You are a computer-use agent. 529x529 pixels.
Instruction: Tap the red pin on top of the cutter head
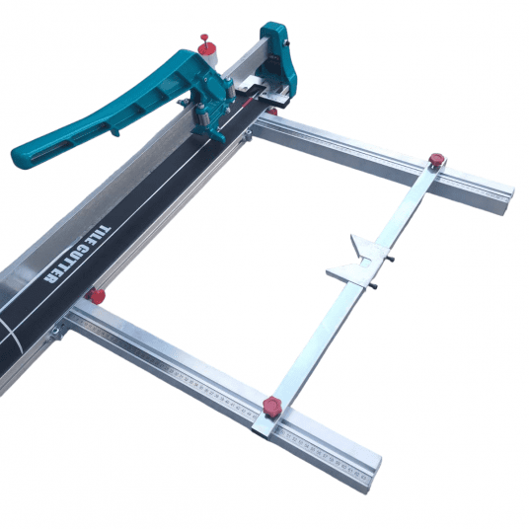pyautogui.click(x=204, y=40)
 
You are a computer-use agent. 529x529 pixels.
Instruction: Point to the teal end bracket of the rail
pyautogui.click(x=277, y=54)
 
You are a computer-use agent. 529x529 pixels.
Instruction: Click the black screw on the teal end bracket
pyautogui.click(x=287, y=42)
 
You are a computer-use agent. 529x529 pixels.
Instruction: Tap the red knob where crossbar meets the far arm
pyautogui.click(x=436, y=158)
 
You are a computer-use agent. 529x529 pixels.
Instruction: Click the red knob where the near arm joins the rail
pyautogui.click(x=96, y=296)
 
